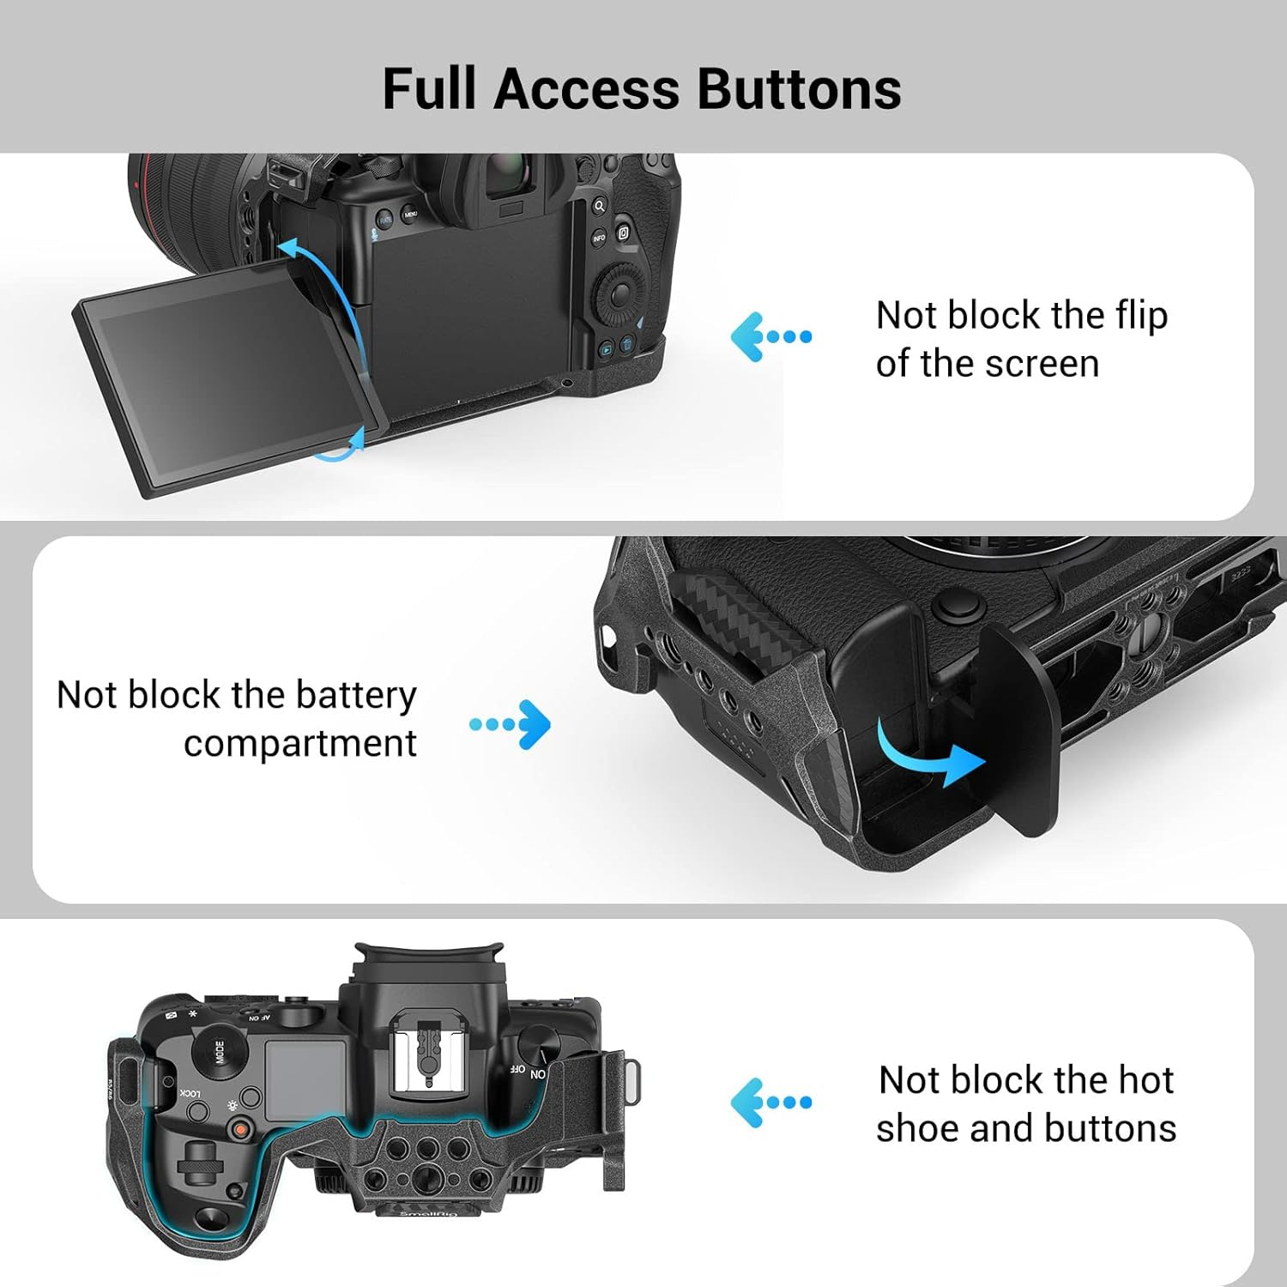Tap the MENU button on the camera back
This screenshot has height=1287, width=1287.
[x=411, y=214]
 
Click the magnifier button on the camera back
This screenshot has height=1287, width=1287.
[x=599, y=206]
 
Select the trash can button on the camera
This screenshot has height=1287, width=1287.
[x=627, y=345]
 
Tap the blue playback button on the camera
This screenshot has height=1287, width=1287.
[x=606, y=349]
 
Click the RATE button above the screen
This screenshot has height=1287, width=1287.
[x=385, y=221]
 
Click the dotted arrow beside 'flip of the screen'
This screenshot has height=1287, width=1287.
[x=770, y=336]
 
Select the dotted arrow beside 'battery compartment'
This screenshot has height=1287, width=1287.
[x=511, y=724]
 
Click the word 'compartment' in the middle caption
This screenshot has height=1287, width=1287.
[x=300, y=743]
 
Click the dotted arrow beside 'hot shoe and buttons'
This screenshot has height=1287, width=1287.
[x=770, y=1102]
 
